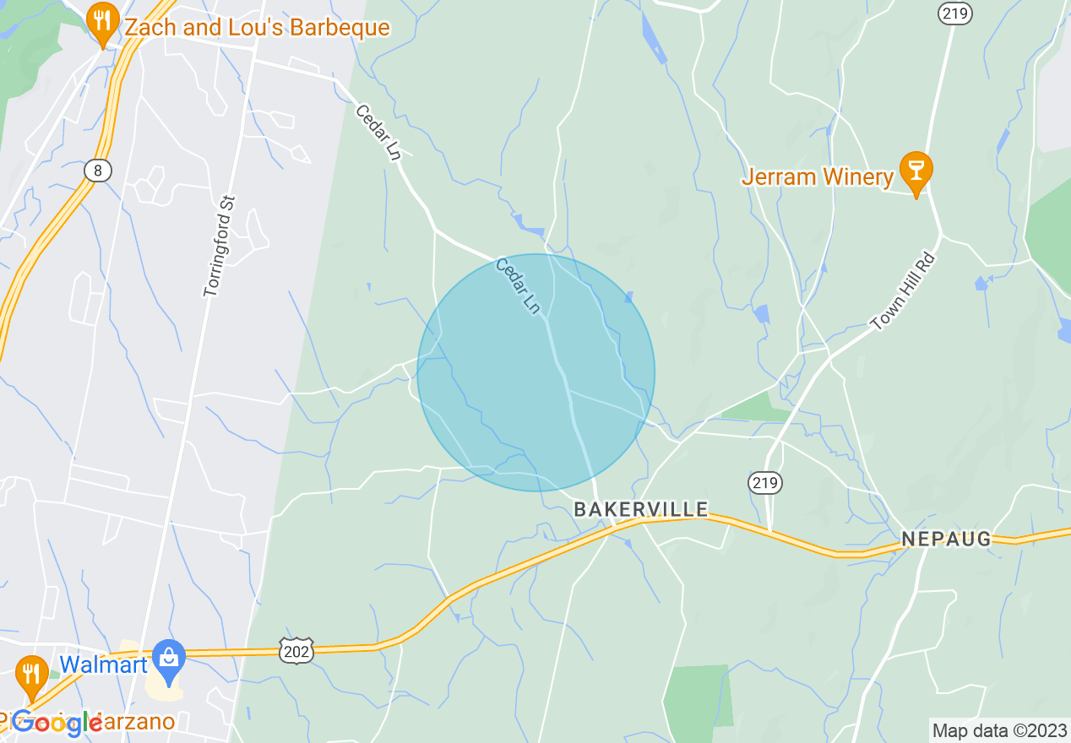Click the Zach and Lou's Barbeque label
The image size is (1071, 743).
click(x=257, y=28)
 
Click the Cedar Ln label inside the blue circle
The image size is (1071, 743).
click(x=517, y=286)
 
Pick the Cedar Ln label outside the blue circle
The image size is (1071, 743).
click(x=378, y=133)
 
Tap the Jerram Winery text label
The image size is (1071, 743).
click(x=817, y=177)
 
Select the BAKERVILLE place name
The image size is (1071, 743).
click(x=641, y=509)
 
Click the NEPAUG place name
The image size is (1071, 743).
click(x=945, y=539)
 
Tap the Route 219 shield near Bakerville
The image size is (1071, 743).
click(x=765, y=483)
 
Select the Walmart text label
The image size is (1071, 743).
click(x=97, y=664)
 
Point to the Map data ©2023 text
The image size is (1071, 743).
click(x=998, y=730)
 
